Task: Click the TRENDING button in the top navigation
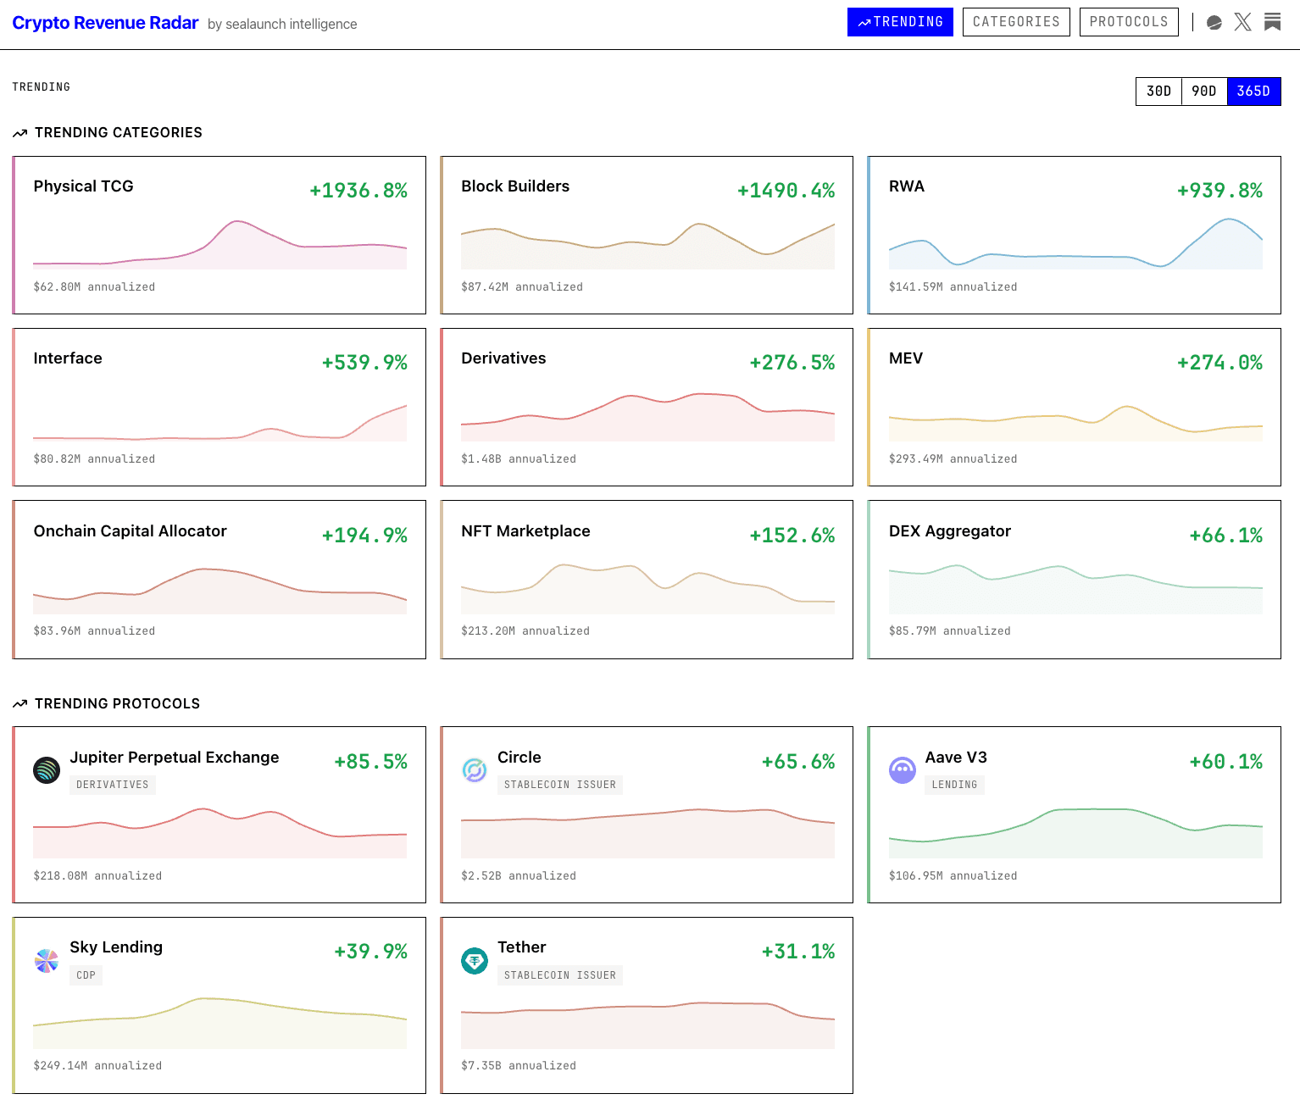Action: pyautogui.click(x=900, y=22)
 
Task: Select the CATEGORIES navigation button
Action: pyautogui.click(x=1016, y=22)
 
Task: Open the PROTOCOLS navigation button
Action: pyautogui.click(x=1129, y=22)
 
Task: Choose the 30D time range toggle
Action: pyautogui.click(x=1158, y=92)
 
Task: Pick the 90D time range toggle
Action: pyautogui.click(x=1204, y=92)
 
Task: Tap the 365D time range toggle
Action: pyautogui.click(x=1253, y=92)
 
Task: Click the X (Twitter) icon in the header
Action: pyautogui.click(x=1243, y=22)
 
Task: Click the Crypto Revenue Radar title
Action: pyautogui.click(x=105, y=23)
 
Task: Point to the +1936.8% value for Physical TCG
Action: pyautogui.click(x=358, y=191)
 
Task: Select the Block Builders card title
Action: pyautogui.click(x=515, y=186)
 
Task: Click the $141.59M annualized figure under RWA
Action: pyautogui.click(x=953, y=287)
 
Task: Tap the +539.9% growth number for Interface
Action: pyautogui.click(x=364, y=363)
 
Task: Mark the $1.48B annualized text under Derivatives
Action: pyautogui.click(x=518, y=459)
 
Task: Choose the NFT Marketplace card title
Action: pyautogui.click(x=525, y=531)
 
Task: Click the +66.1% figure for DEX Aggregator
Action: pyautogui.click(x=1225, y=536)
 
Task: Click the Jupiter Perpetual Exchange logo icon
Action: pyautogui.click(x=47, y=769)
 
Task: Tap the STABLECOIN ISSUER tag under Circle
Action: pyautogui.click(x=559, y=785)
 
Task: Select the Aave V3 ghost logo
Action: pyautogui.click(x=903, y=769)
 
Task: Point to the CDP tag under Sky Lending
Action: pyautogui.click(x=86, y=975)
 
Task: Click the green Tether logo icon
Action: pyautogui.click(x=475, y=960)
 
